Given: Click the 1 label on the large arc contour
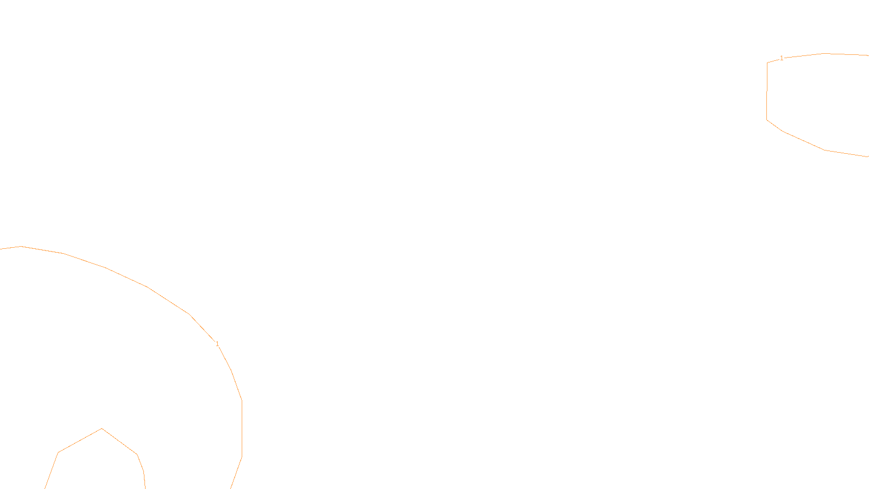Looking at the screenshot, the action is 217,344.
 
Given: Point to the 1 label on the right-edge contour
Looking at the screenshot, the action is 782,58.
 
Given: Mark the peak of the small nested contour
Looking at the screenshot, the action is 102,429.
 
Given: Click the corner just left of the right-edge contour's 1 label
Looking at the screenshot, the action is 767,62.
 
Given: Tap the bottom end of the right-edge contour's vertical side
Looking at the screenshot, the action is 767,120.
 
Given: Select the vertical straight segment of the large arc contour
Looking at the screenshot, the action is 242,429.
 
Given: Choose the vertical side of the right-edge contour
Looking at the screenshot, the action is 767,91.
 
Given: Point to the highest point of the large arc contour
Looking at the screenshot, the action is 21,247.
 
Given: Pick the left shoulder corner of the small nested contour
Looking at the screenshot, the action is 58,452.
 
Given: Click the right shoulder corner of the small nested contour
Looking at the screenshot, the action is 137,454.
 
